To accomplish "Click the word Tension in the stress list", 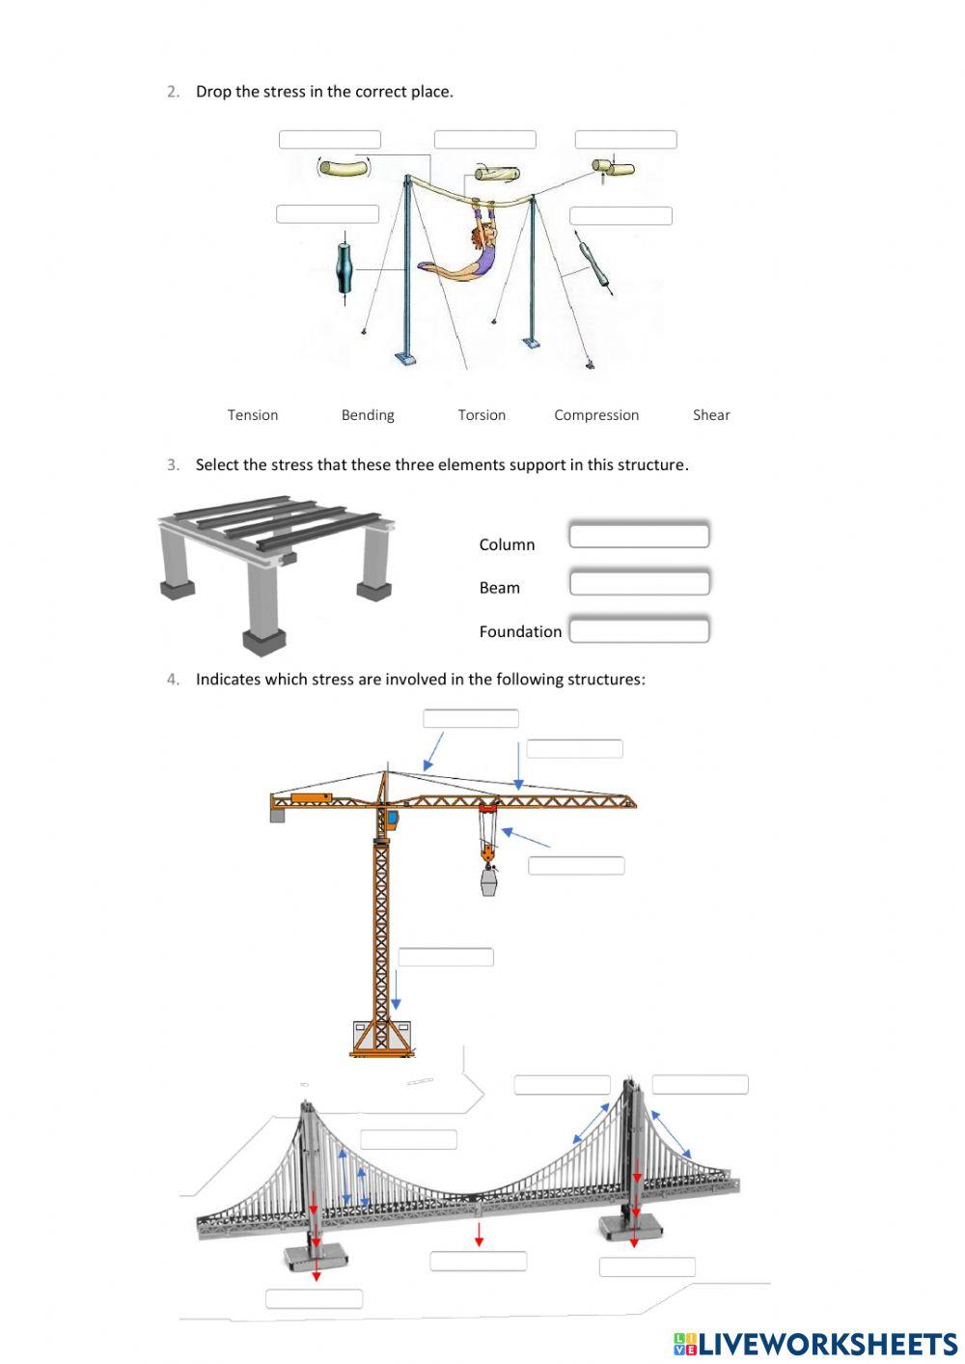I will click(253, 415).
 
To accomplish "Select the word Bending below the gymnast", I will click(368, 415).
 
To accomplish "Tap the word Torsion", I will click(482, 415).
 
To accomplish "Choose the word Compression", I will click(596, 415).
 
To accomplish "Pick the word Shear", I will click(711, 415).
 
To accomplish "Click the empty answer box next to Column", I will click(639, 536).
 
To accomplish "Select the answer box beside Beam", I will click(639, 583).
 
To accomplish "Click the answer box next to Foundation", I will click(639, 630).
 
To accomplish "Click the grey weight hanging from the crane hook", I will click(489, 880).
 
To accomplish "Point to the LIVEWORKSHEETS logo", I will click(815, 1344).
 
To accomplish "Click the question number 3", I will click(173, 464).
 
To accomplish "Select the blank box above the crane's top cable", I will click(471, 718).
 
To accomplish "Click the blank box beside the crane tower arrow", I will click(446, 957).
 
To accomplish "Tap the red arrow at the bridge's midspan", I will click(480, 1234).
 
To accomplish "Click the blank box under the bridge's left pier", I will click(314, 1298).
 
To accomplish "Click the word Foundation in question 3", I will click(520, 631).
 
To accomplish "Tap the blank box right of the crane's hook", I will click(576, 866).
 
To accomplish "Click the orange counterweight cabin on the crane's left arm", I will click(311, 797).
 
